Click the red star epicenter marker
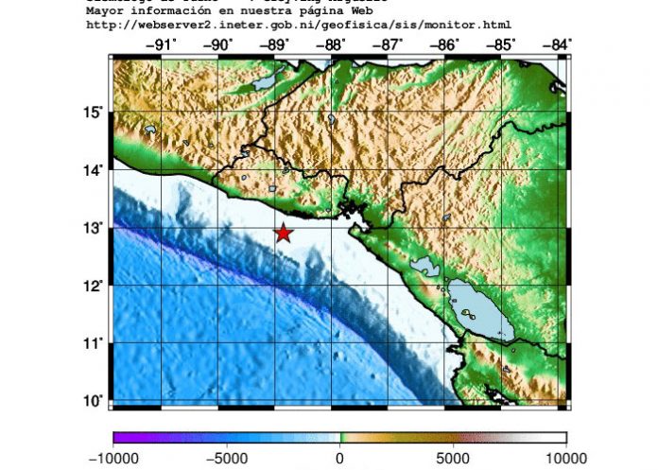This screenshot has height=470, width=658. pos(284,233)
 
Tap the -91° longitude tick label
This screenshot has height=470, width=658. pos(163,44)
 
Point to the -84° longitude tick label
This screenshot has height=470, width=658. pos(556,44)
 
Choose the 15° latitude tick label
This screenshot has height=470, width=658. pos(93,113)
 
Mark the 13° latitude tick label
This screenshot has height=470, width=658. pos(93,228)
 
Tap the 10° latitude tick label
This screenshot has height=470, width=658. pos(93,400)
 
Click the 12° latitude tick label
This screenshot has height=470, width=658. pos(93,286)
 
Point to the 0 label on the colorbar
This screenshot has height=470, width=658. pos(340,458)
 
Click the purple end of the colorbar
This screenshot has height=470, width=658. pos(117,438)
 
